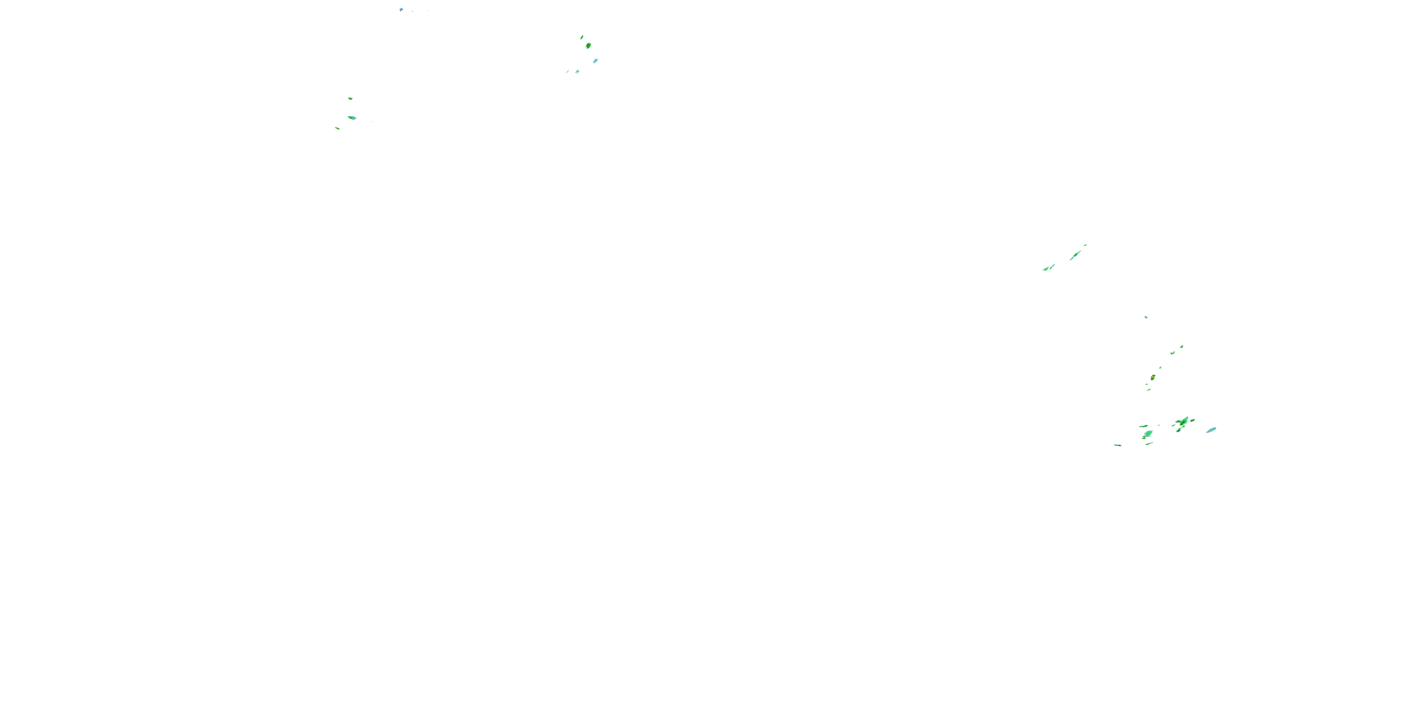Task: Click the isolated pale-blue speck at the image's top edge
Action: [401, 9]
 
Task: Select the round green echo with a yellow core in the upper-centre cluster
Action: [588, 45]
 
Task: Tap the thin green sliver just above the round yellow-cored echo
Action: [582, 37]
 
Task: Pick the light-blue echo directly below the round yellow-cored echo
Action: [596, 61]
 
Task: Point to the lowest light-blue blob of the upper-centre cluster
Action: [577, 71]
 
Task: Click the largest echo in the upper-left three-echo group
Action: [352, 117]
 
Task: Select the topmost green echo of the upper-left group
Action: [350, 98]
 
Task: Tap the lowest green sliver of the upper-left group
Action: [338, 128]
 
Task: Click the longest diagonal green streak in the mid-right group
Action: [1075, 255]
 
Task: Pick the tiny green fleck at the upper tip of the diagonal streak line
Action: [1086, 245]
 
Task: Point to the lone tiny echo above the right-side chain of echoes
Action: [1146, 317]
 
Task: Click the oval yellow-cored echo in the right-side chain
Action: [1153, 377]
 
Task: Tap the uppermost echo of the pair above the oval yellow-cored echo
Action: [1182, 347]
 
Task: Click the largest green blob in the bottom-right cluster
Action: [1182, 422]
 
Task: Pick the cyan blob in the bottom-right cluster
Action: [1148, 434]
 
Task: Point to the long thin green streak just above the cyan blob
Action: [1144, 426]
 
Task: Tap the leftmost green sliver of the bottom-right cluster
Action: [1118, 445]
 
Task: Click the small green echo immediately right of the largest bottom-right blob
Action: [1192, 421]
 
